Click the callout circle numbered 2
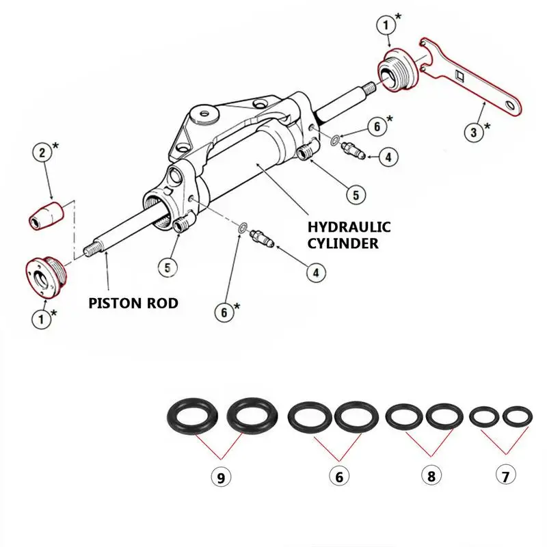point(42,152)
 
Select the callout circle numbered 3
point(474,131)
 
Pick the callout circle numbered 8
point(431,476)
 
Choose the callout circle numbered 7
point(505,475)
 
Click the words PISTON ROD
point(133,302)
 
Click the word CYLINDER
point(343,243)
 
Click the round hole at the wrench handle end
point(509,103)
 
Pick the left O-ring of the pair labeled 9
point(192,416)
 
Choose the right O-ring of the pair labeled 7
point(517,415)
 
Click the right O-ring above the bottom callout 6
point(356,416)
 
